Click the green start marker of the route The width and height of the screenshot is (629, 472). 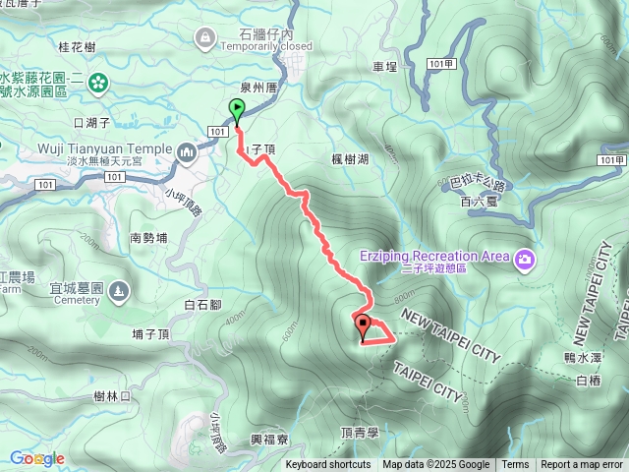tap(237, 109)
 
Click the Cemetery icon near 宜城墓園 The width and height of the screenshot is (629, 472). tap(118, 291)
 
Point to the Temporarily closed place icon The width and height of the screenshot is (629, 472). tap(205, 38)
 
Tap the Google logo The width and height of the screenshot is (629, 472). tap(37, 458)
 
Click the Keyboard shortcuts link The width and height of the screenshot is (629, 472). tap(328, 465)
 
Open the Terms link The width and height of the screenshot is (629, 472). tap(515, 465)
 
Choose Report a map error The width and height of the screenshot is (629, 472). tap(582, 465)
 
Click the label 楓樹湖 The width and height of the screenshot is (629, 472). tap(350, 158)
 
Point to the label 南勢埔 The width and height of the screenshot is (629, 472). tap(148, 238)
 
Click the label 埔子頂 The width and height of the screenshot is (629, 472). tap(151, 334)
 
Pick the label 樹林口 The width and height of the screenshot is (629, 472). tap(113, 395)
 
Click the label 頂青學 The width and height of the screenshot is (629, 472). tap(360, 432)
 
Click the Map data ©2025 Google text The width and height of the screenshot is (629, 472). tap(435, 465)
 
